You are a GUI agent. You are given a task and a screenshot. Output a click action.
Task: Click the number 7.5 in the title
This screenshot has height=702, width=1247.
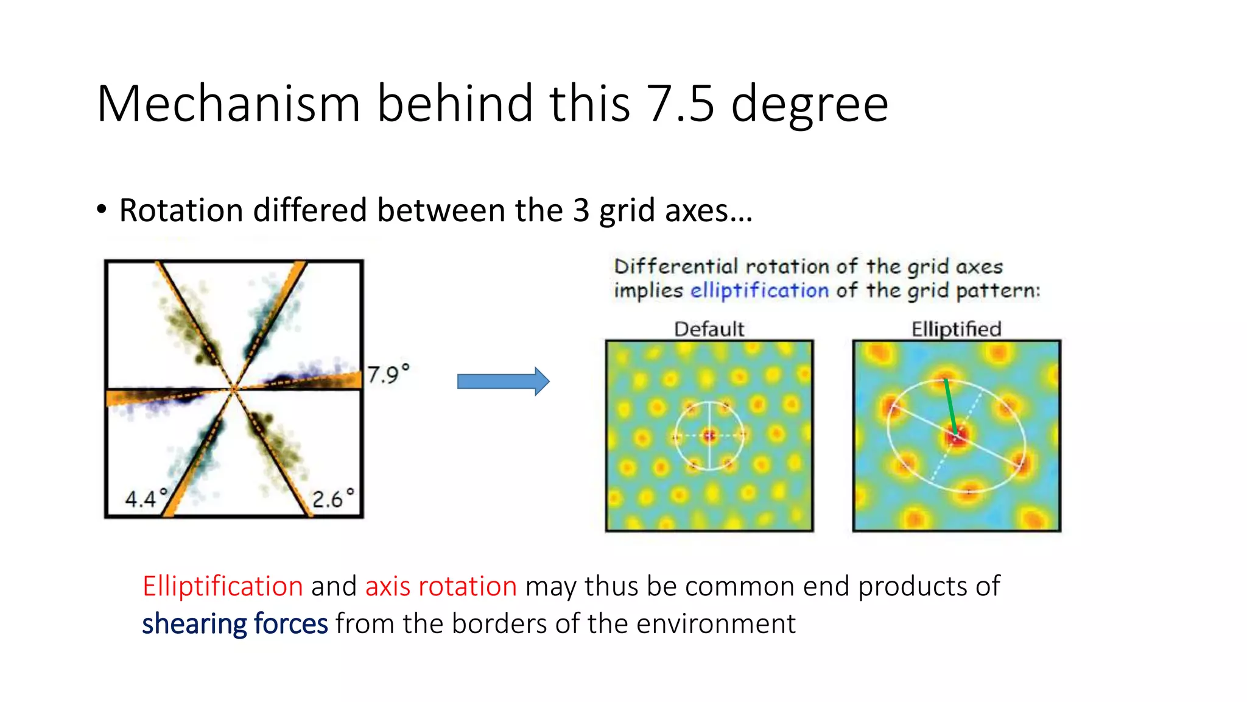coord(681,104)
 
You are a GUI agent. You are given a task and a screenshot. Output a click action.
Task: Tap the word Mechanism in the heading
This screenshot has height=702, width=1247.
coord(229,104)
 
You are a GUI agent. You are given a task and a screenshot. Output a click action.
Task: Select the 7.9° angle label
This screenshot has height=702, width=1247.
coord(388,374)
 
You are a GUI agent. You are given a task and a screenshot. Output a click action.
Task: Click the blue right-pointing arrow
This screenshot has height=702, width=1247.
coord(503,381)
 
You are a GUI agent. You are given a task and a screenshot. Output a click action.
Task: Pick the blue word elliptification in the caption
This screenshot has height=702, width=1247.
coord(759,290)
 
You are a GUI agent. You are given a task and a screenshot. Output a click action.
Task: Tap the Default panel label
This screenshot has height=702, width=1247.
coord(709,329)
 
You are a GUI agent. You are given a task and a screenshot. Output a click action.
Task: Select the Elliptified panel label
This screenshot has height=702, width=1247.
coord(956,329)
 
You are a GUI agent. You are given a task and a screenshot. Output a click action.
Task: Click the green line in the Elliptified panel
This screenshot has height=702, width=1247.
coord(950,406)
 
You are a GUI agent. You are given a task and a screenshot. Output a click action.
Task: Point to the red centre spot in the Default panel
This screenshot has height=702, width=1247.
coord(709,435)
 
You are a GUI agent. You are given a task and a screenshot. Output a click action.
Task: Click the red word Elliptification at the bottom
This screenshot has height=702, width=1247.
coord(223,586)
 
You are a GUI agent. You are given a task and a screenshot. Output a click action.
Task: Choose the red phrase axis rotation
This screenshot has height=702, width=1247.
coord(441,586)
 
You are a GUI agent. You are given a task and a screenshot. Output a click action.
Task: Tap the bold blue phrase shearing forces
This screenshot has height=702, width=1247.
coord(235,624)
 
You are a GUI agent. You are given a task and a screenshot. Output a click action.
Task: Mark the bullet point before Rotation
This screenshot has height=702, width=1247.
coord(102,210)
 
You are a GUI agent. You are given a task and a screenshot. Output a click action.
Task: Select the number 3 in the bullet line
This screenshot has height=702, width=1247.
coord(581,210)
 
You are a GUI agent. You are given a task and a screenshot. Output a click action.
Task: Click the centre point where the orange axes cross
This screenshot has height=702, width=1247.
coord(234,388)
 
